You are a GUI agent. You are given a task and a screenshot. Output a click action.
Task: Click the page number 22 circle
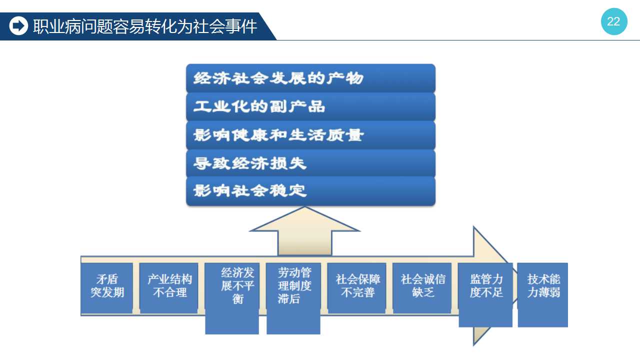point(613,21)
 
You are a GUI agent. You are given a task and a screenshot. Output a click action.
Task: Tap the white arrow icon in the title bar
point(18,26)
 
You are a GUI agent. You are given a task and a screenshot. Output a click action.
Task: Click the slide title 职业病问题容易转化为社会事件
point(145,26)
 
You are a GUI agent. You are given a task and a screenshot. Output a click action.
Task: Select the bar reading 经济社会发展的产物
point(310,78)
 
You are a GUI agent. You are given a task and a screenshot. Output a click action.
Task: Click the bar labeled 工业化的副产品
point(310,106)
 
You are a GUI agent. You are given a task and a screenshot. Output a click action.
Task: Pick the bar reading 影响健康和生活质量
point(310,135)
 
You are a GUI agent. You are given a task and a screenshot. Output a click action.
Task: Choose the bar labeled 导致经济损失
point(310,163)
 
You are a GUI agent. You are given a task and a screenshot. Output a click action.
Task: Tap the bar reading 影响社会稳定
point(310,191)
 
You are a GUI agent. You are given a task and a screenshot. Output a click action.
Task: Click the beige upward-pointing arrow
point(305,231)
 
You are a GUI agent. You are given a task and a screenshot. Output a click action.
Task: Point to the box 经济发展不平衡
point(232,298)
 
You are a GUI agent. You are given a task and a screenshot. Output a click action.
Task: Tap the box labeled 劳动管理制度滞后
point(293,298)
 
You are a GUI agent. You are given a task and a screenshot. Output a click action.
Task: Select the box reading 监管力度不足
point(485,295)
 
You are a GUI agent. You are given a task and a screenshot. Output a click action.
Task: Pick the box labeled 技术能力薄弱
point(543,295)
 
